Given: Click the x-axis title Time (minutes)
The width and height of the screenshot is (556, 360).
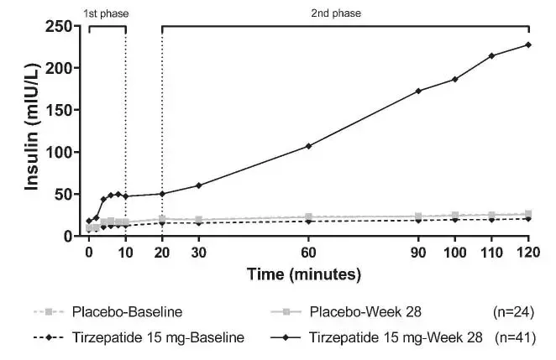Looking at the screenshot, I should coord(304,274).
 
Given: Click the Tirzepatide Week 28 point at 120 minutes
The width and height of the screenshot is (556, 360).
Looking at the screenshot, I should coord(528,44).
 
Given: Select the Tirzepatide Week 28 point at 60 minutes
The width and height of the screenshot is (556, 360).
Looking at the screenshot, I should coord(308,146).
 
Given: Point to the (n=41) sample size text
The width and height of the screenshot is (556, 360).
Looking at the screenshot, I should coord(512,338).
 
